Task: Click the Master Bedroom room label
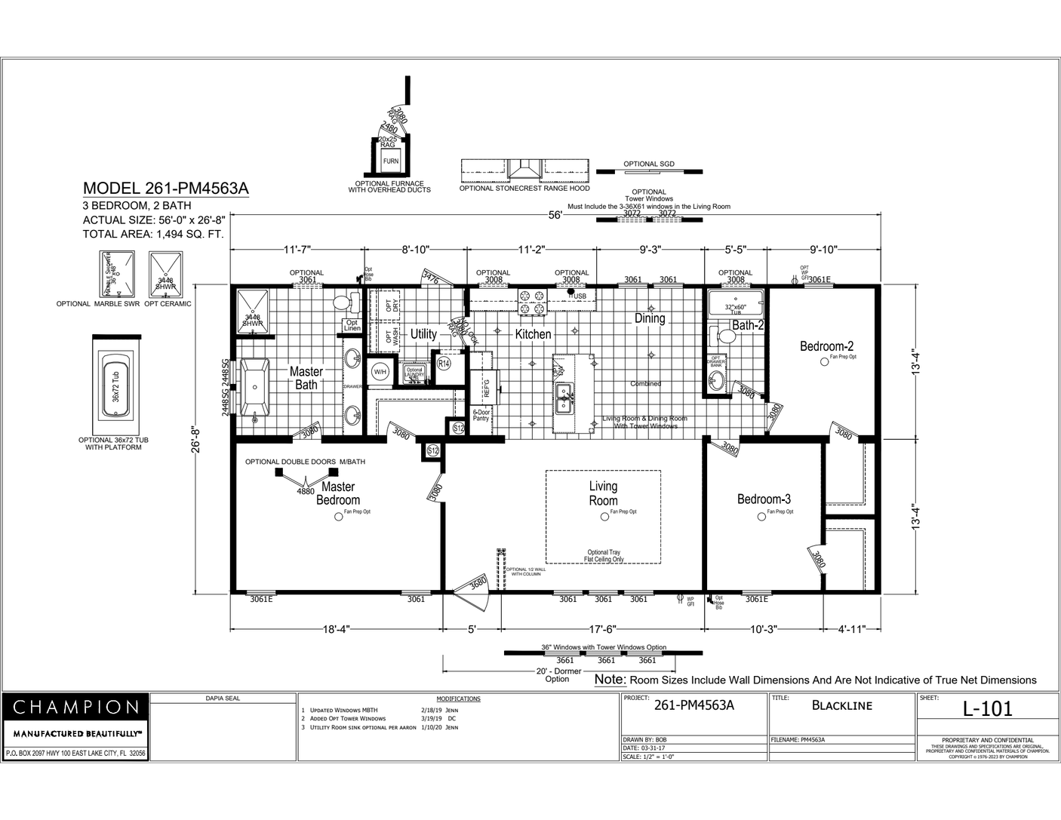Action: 338,493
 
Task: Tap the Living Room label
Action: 603,493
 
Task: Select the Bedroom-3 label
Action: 764,499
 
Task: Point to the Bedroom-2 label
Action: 826,346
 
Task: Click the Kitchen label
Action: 533,334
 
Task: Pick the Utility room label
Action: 423,334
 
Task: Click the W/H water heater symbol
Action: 380,372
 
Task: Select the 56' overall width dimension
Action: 555,215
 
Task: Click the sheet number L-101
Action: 988,708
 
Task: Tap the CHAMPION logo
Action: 76,708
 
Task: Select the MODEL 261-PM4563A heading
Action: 165,189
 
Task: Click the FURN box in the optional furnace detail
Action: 390,161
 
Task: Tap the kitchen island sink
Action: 563,398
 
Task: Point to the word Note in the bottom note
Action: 610,680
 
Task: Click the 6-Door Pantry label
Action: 481,415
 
